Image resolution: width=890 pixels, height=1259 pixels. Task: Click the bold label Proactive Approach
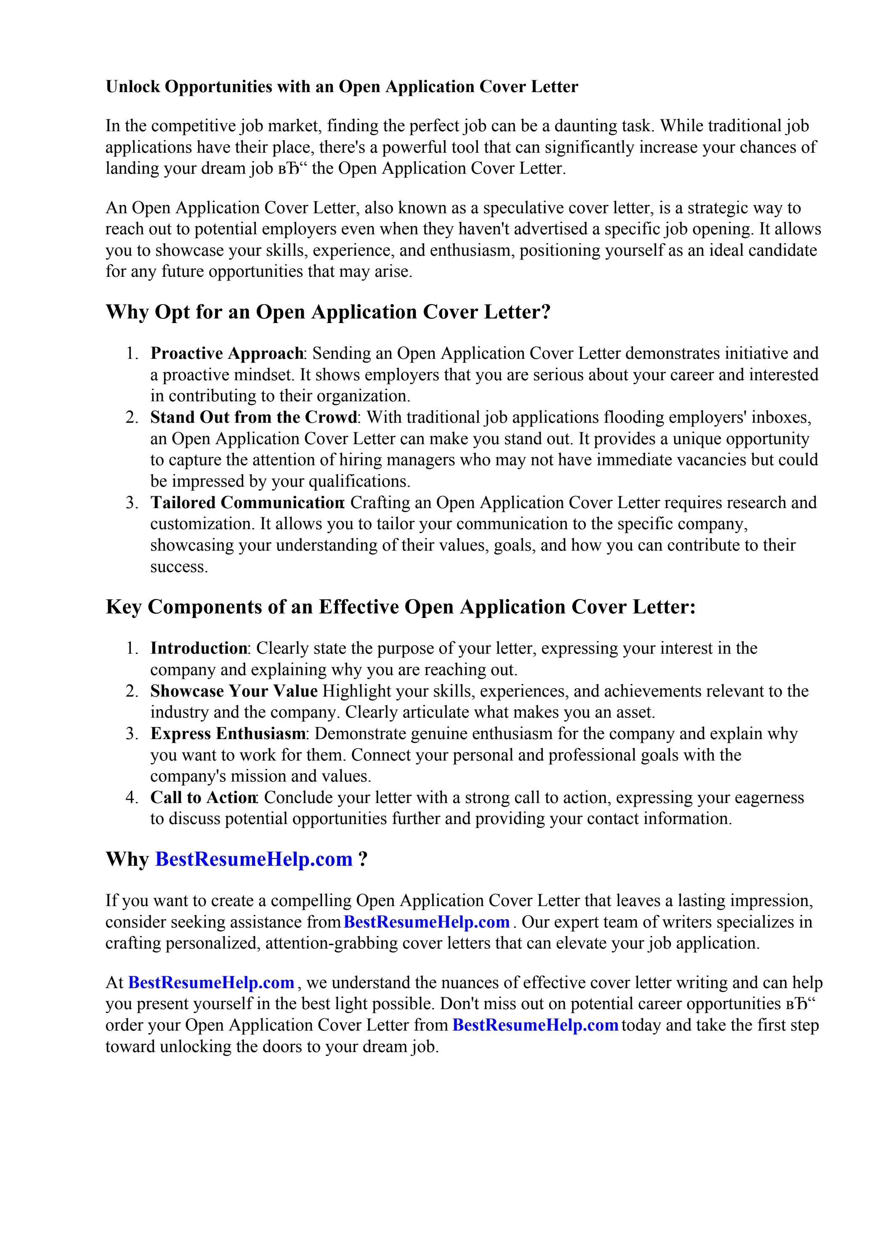pos(226,353)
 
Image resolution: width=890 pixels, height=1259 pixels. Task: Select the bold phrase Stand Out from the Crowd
pos(253,417)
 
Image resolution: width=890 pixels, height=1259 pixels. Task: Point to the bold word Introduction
pos(199,648)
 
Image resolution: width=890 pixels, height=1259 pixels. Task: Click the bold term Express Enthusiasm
pos(228,734)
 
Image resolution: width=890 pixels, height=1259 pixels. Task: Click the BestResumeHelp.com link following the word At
pos(211,982)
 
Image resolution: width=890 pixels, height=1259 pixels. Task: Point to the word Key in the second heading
pos(124,607)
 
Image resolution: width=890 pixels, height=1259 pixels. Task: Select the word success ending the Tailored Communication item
pos(179,567)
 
